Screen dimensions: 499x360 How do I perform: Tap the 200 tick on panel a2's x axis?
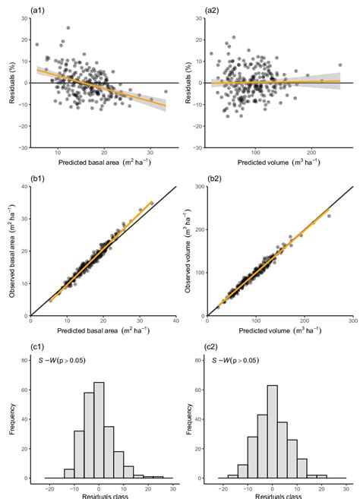[x=311, y=154]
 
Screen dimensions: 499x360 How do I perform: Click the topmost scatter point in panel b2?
[x=329, y=216]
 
